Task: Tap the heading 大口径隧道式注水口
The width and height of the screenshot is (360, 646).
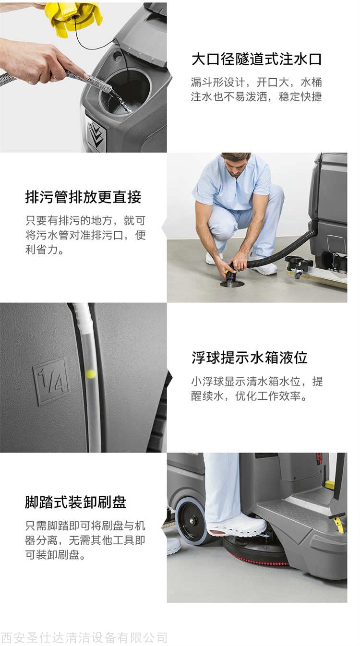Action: [257, 59]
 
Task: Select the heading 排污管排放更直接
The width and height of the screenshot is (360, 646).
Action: [84, 197]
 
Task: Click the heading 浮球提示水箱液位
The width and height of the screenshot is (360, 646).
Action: [250, 358]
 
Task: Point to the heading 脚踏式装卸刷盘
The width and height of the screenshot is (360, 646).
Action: [75, 502]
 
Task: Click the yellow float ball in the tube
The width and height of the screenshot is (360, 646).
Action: [91, 374]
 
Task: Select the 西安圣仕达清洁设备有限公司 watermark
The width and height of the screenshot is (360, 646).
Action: [84, 638]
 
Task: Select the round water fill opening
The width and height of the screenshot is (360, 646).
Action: [125, 91]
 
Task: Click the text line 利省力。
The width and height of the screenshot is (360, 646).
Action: [45, 250]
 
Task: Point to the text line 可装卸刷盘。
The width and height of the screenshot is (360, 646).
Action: [55, 555]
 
